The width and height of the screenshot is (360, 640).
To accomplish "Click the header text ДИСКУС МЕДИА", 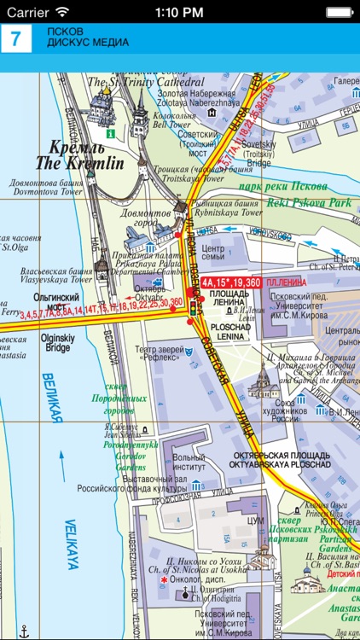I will tap(88, 43).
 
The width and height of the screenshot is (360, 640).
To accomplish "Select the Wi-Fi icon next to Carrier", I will tap(61, 12).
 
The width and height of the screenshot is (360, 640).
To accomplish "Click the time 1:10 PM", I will tap(179, 12).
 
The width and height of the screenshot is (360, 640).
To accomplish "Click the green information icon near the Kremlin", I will tap(109, 133).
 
